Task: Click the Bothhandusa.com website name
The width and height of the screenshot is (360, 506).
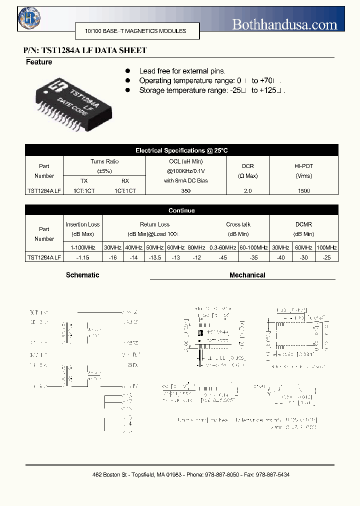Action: point(284,24)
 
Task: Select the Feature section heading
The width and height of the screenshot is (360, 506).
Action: point(39,62)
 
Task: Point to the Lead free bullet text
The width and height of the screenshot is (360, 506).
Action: point(182,71)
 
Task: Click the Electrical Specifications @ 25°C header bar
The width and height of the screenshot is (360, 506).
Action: point(181,150)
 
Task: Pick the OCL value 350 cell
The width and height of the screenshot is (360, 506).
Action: point(185,191)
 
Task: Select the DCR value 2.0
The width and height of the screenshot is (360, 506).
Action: point(248,191)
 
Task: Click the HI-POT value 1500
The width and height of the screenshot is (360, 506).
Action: point(303,191)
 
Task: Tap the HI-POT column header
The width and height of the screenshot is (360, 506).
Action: point(303,170)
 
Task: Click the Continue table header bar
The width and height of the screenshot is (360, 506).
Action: point(181,210)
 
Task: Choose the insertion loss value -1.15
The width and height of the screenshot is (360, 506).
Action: point(82,257)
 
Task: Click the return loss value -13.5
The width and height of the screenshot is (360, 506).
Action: point(154,257)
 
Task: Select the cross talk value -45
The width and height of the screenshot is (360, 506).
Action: point(222,257)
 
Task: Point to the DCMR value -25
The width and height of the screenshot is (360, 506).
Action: point(326,257)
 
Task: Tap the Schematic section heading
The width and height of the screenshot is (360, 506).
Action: point(82,275)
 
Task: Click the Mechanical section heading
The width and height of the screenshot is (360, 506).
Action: point(247,275)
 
